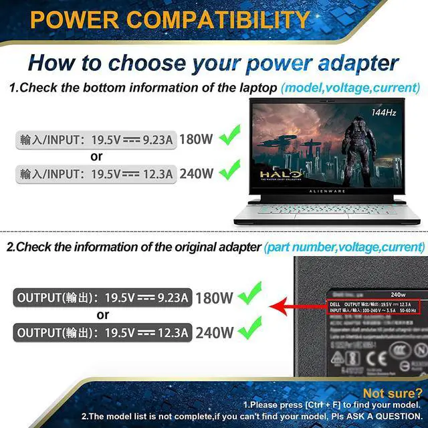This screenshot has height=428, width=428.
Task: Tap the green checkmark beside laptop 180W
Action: (230, 139)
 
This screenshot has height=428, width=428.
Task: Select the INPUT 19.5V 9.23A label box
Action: (96, 140)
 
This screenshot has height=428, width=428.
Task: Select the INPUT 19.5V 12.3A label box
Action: (96, 173)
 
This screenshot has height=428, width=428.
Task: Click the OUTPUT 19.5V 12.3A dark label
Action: (102, 332)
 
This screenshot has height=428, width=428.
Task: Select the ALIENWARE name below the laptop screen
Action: (327, 191)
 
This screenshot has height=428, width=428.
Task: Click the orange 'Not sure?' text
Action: (391, 393)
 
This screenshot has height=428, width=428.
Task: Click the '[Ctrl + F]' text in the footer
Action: (316, 405)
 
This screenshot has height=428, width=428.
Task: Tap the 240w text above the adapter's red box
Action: (399, 294)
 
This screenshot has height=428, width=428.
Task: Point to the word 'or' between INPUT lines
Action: (96, 156)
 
